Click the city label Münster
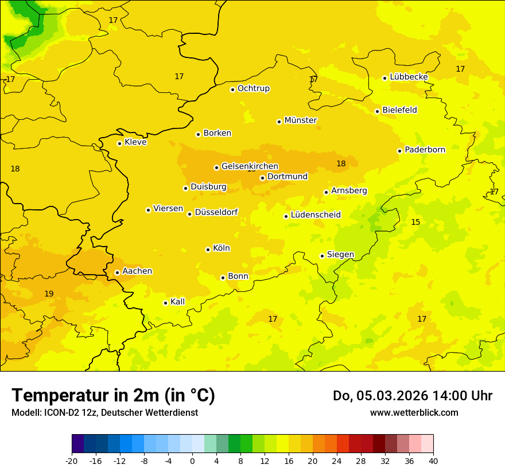click(301, 120)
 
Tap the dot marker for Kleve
click(119, 143)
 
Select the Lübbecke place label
click(409, 77)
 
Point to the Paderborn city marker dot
click(399, 151)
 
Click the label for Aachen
click(137, 271)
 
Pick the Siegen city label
click(340, 255)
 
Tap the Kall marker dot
click(165, 303)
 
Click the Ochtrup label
click(254, 88)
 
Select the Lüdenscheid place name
click(316, 215)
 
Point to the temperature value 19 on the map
click(49, 294)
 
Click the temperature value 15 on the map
click(415, 222)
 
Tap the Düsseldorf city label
click(216, 212)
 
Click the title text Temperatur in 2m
click(113, 396)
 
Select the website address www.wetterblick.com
click(414, 412)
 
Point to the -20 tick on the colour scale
click(72, 461)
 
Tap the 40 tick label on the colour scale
click(433, 461)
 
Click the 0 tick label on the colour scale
click(192, 461)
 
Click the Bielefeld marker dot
click(377, 111)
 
